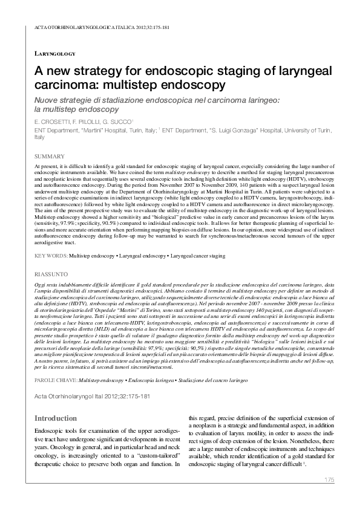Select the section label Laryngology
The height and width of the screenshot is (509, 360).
(x=55, y=54)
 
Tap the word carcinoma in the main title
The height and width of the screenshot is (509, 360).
(x=67, y=85)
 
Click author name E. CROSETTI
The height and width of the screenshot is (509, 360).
(x=53, y=122)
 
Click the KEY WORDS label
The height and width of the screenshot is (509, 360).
(x=51, y=256)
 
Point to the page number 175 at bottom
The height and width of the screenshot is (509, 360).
(x=329, y=480)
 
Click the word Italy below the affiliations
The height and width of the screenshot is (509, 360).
(x=40, y=137)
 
